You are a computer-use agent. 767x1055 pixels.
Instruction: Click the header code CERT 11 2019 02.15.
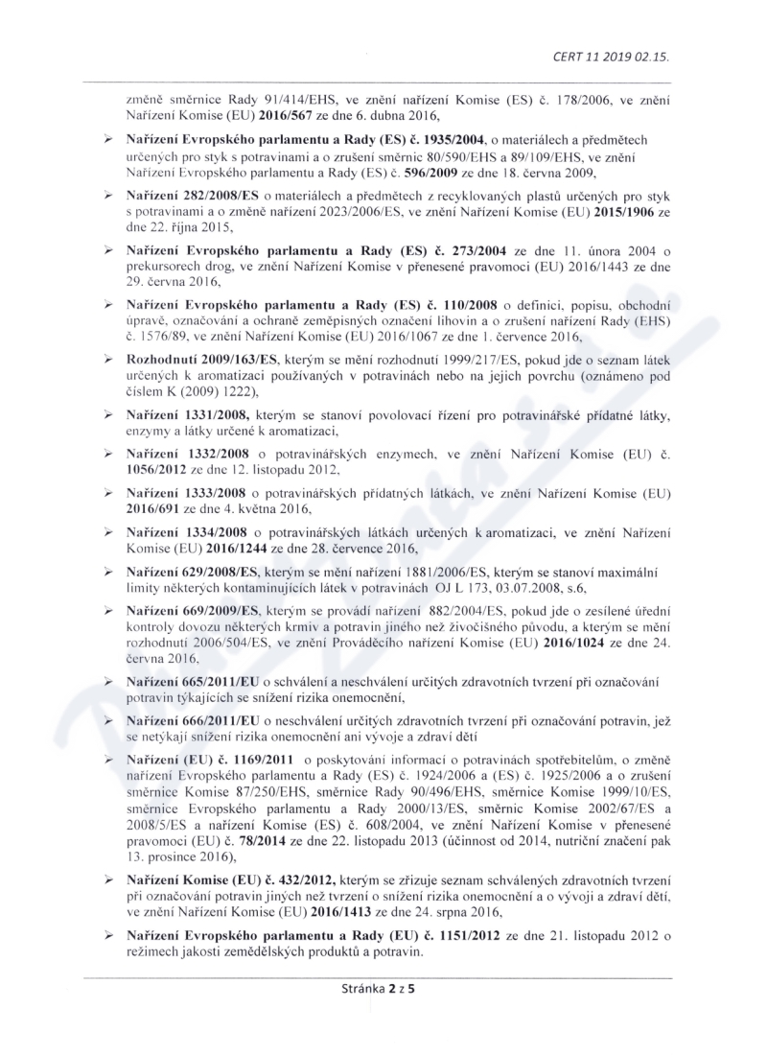tap(611, 56)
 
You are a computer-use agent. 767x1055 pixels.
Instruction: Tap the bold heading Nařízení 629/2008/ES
tap(192, 572)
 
